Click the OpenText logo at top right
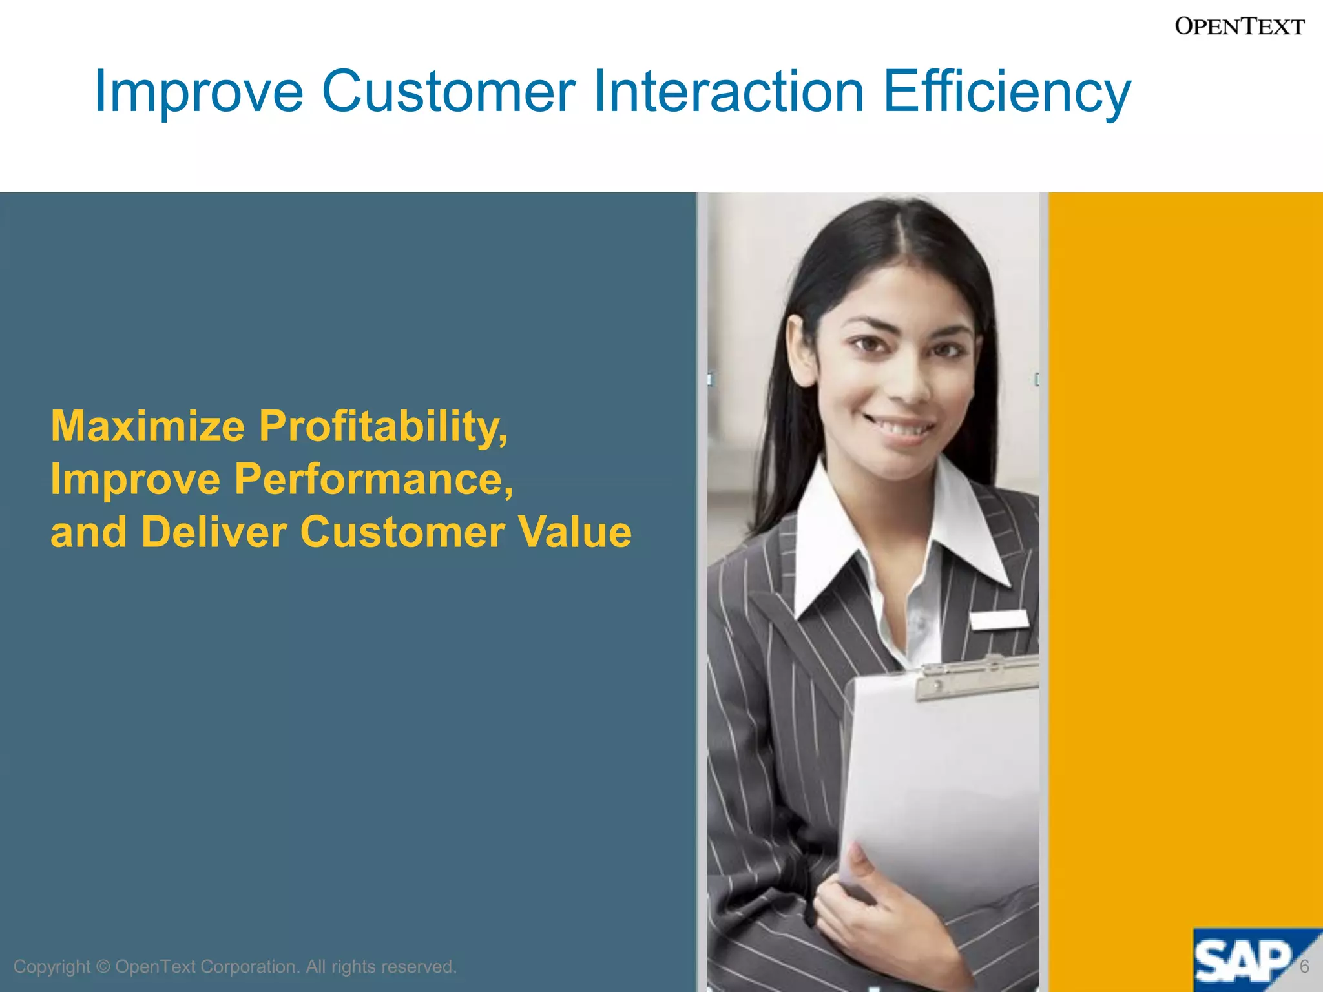[1239, 26]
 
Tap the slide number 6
[1304, 966]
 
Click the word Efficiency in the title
[1006, 92]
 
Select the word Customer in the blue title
[448, 91]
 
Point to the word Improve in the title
[198, 92]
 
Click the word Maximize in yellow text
[148, 426]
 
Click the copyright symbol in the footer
[103, 967]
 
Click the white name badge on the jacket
[999, 619]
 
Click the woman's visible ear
[802, 349]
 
